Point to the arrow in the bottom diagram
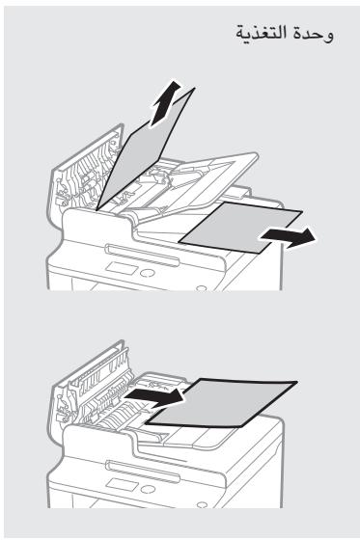click(x=155, y=396)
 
